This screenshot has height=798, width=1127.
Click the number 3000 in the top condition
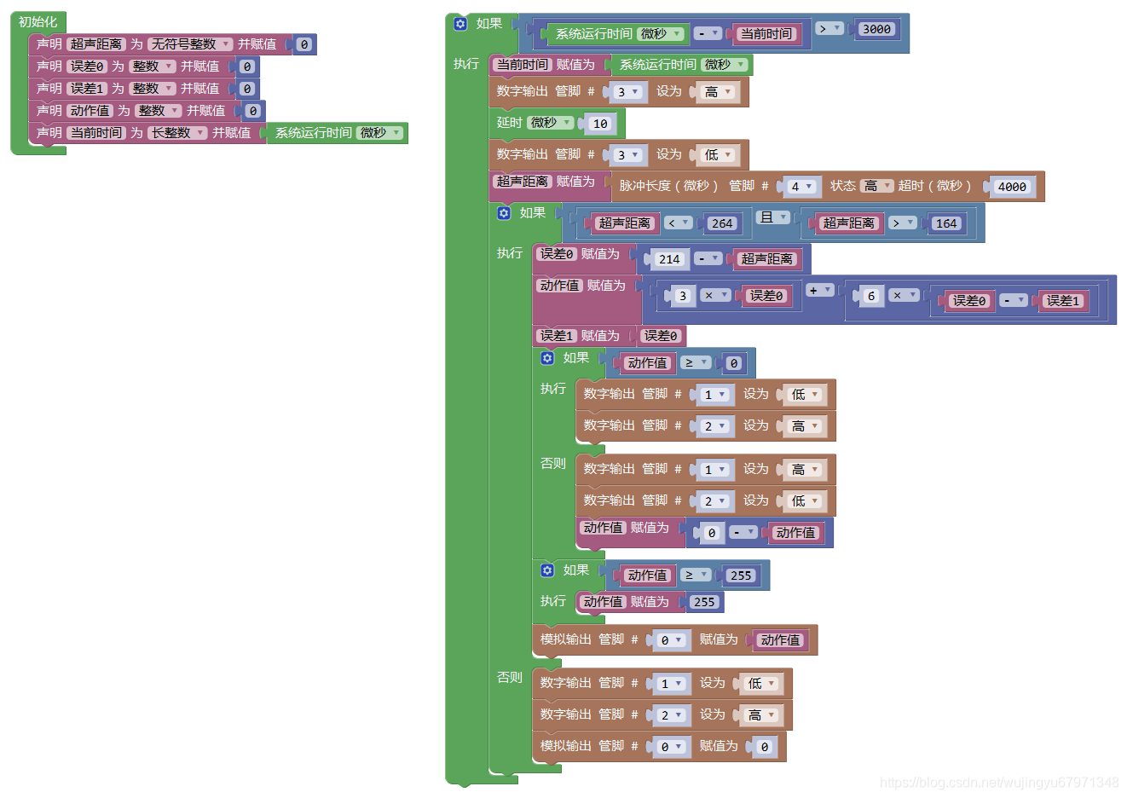click(x=876, y=29)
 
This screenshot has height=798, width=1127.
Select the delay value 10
click(x=600, y=124)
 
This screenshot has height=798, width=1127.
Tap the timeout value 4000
click(x=1012, y=187)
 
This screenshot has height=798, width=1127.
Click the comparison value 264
click(x=721, y=223)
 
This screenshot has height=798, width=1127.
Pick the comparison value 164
click(x=945, y=223)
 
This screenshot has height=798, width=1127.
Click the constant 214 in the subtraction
click(x=669, y=259)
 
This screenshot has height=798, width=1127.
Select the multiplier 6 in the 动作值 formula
click(x=870, y=296)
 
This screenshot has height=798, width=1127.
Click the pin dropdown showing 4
click(x=800, y=187)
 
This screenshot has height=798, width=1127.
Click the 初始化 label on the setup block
click(x=38, y=22)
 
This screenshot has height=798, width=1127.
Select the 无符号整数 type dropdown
click(x=189, y=44)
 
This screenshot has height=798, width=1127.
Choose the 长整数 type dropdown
click(x=177, y=133)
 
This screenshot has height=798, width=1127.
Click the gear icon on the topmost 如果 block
click(x=460, y=24)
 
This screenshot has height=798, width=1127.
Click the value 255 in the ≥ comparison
click(x=741, y=575)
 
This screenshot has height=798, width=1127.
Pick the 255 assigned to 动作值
click(x=703, y=602)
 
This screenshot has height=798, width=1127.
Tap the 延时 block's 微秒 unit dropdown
click(x=550, y=123)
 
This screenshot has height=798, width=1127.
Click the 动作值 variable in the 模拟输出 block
click(x=780, y=640)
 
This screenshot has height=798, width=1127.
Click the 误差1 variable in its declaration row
click(x=87, y=89)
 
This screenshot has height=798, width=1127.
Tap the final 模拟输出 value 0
click(x=764, y=747)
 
